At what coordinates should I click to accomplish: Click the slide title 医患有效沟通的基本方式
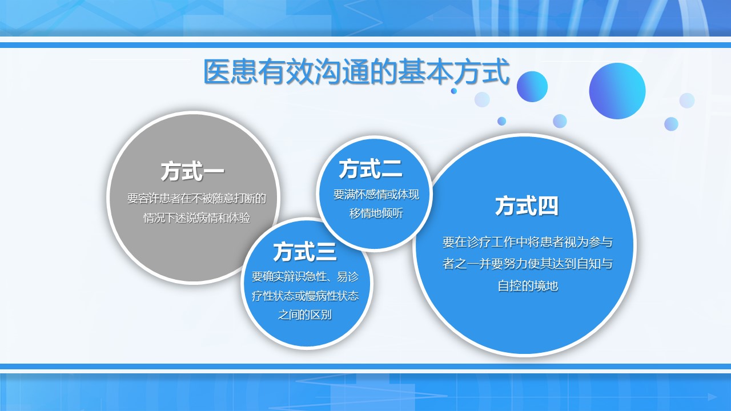[356, 71]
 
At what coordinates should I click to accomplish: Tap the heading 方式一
[192, 171]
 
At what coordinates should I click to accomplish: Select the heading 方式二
[371, 168]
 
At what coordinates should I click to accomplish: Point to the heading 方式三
[305, 252]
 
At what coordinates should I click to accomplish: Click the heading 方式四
[527, 206]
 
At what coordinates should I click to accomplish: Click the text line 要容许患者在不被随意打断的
[196, 198]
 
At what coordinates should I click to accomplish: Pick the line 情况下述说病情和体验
[197, 217]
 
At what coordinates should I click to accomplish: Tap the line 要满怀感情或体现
[376, 195]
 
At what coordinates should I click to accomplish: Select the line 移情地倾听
[376, 213]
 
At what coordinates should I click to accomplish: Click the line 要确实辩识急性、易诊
[305, 277]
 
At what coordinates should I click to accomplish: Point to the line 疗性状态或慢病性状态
[305, 296]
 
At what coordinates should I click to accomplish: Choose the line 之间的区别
[305, 315]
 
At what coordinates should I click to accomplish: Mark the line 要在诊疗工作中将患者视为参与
[527, 242]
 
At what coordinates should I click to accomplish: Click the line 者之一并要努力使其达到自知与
[527, 264]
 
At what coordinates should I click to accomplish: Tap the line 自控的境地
[527, 286]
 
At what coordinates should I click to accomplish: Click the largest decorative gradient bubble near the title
[617, 91]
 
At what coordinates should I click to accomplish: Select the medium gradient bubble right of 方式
[532, 86]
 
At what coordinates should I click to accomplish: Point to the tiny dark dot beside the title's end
[454, 91]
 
